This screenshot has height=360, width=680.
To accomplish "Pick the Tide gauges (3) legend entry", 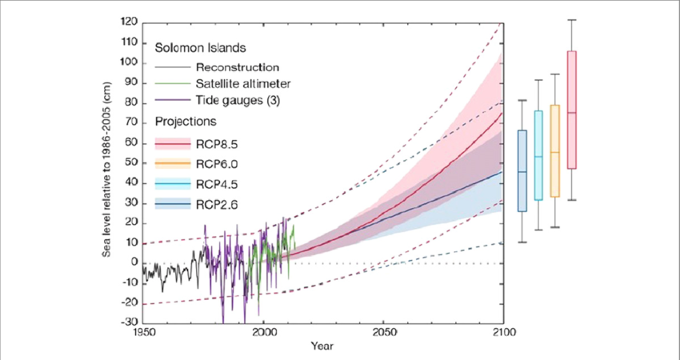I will point(238,100).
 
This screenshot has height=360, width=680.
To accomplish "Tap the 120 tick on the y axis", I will point(129,22).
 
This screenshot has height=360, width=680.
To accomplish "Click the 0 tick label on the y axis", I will point(134,263).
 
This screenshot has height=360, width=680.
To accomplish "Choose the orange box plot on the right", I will point(554,150).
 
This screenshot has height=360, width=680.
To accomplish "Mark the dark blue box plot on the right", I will point(522,170).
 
